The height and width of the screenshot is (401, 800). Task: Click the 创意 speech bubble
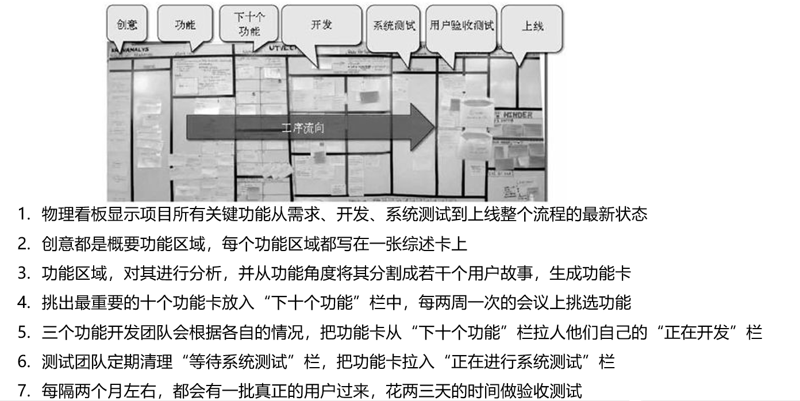(x=126, y=25)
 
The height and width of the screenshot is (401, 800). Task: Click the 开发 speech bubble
(x=322, y=25)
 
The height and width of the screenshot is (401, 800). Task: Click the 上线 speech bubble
(x=532, y=26)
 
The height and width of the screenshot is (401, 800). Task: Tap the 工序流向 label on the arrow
(x=303, y=128)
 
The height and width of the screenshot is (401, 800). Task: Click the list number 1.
(x=23, y=215)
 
